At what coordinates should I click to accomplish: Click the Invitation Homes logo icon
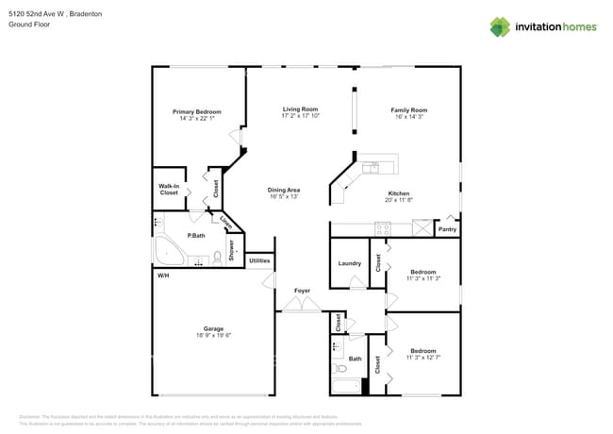[500, 26]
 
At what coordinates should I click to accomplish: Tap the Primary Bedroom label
[195, 111]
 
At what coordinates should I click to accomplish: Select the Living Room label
[301, 109]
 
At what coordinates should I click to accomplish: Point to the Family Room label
[409, 110]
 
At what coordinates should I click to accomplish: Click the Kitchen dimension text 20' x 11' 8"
[398, 200]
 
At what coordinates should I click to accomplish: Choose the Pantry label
[448, 229]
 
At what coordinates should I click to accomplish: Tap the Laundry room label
[350, 263]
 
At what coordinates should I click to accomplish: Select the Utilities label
[259, 260]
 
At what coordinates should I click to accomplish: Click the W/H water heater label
[163, 275]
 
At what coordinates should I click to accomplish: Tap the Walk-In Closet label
[169, 190]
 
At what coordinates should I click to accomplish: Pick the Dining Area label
[285, 191]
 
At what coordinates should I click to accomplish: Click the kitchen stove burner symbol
[383, 227]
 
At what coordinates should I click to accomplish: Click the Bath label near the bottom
[355, 359]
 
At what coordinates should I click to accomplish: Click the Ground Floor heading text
[28, 25]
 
